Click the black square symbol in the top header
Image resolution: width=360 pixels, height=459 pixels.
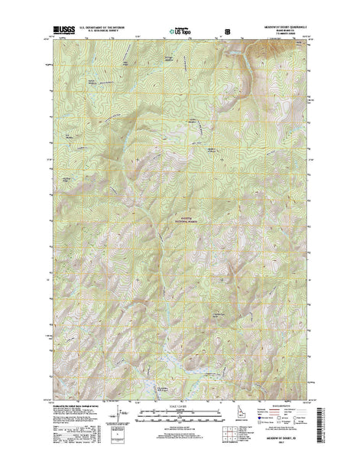coord(226,32)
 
